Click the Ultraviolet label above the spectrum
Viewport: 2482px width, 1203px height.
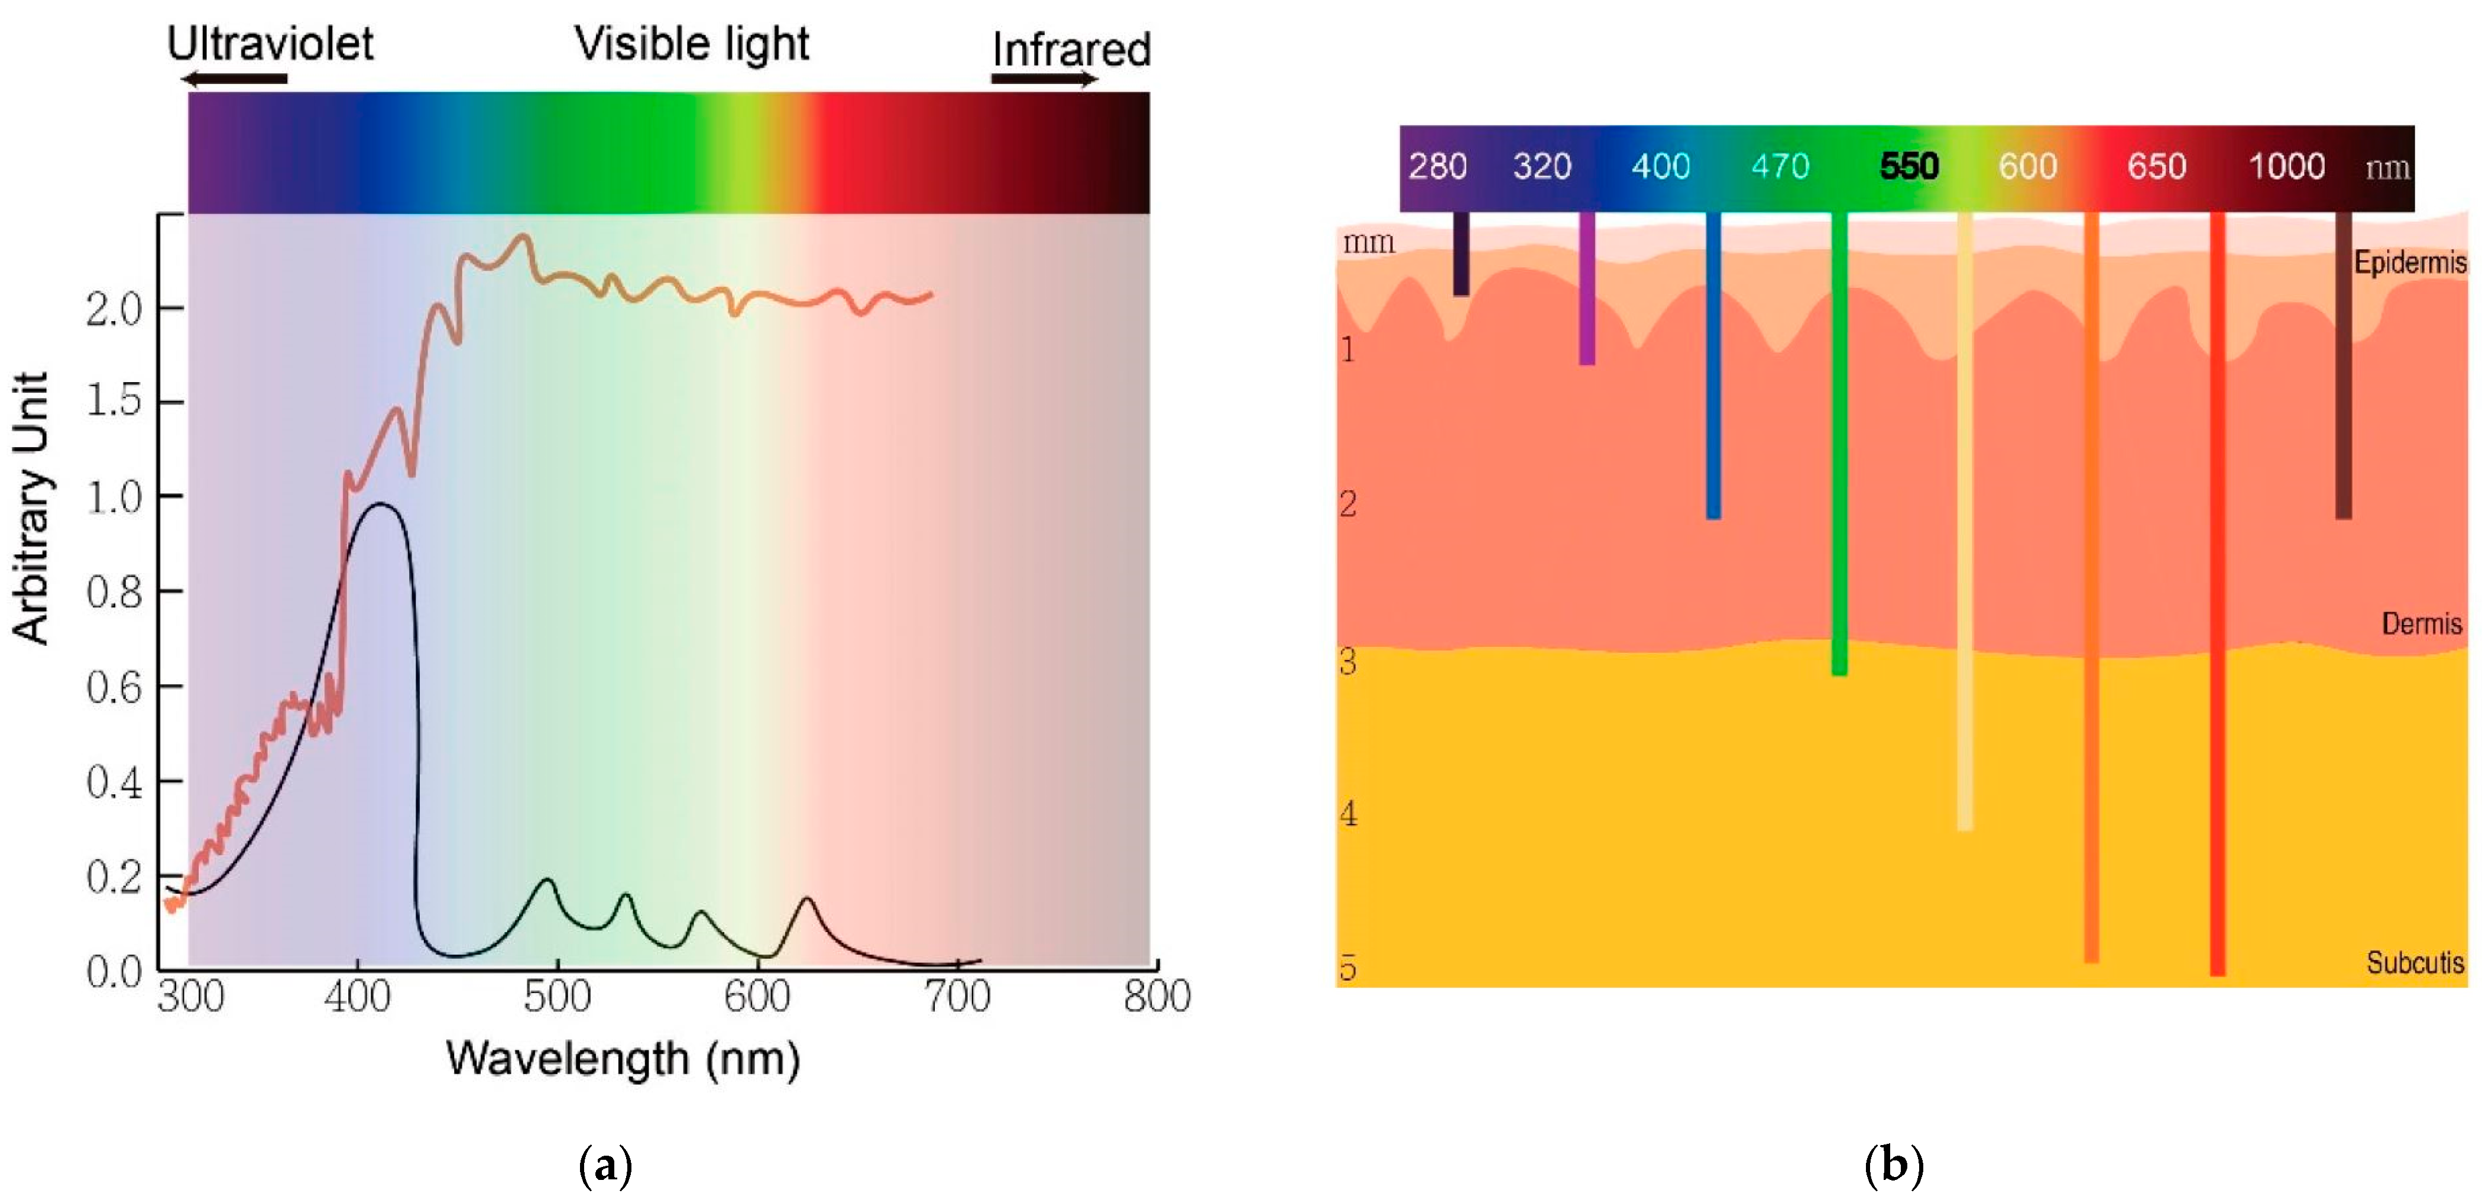(x=270, y=43)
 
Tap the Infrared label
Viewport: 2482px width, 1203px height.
(x=1071, y=50)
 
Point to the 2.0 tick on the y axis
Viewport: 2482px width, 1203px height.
(x=114, y=309)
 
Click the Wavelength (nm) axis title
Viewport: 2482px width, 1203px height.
(x=623, y=1059)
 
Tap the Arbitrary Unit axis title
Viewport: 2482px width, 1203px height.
(x=31, y=508)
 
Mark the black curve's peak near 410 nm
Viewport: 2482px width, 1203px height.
(x=381, y=504)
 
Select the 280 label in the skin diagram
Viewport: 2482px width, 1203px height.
(x=1437, y=167)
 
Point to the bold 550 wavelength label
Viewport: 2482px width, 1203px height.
(x=1909, y=167)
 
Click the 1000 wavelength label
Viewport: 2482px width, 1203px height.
(x=2286, y=167)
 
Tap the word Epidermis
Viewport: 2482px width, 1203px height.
(x=2410, y=262)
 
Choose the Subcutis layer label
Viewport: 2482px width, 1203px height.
(x=2415, y=963)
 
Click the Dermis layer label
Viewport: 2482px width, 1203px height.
(x=2421, y=623)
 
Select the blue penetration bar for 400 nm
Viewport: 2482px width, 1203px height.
(x=1713, y=366)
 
